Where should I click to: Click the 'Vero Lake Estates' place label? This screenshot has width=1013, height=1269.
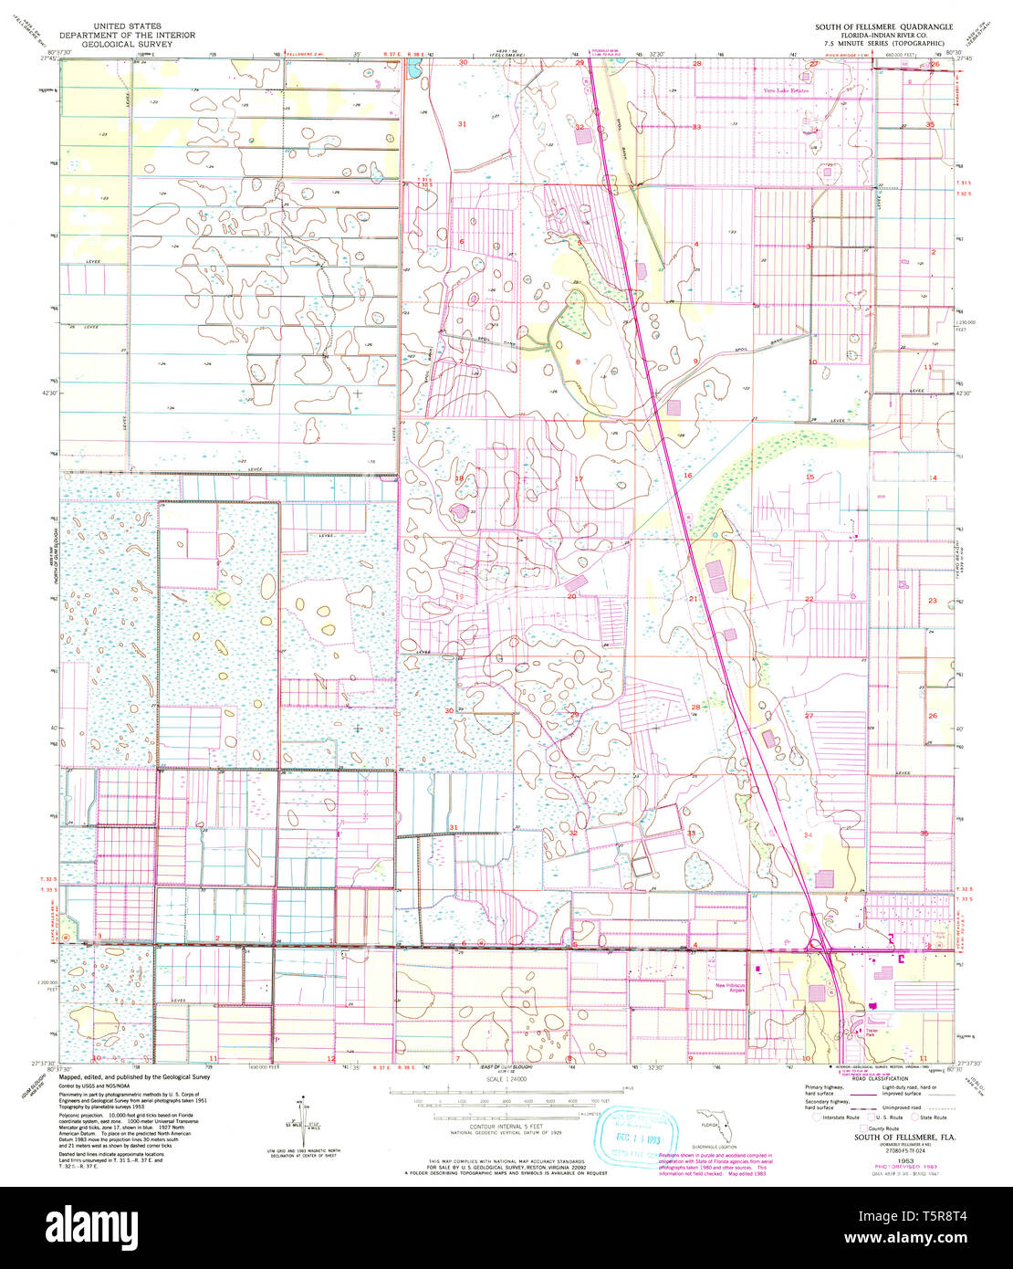(786, 91)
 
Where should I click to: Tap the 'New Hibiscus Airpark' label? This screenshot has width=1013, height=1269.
(730, 989)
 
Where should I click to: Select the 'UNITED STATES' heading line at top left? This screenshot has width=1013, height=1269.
(127, 26)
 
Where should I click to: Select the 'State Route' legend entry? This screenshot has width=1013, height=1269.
(929, 1117)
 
